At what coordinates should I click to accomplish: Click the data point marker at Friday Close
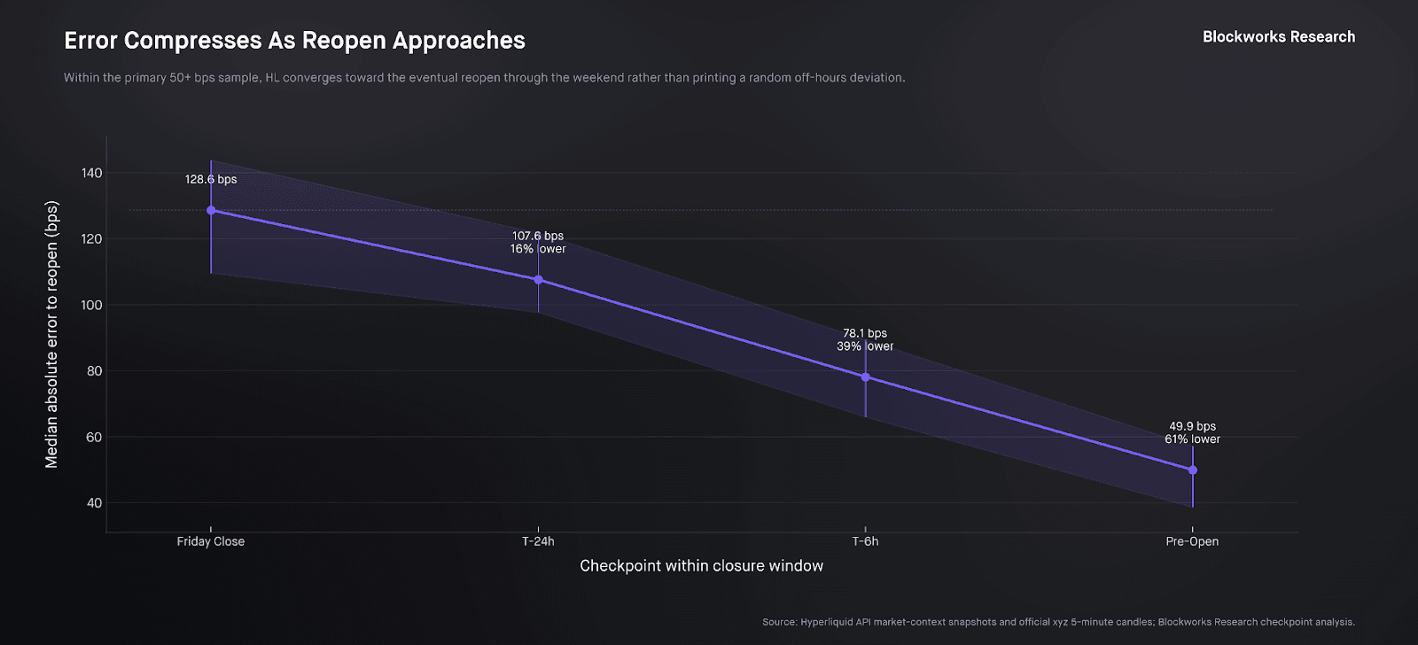point(211,211)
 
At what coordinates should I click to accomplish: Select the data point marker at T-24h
point(538,280)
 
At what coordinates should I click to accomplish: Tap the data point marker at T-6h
point(866,377)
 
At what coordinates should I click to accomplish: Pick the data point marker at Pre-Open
point(1193,470)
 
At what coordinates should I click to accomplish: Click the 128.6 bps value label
point(211,179)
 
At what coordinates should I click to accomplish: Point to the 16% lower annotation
point(538,249)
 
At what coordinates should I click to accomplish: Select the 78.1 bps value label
point(865,333)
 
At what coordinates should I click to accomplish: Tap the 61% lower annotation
point(1193,439)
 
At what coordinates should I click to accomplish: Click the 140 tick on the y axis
point(92,173)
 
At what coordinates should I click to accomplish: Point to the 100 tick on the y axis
point(92,305)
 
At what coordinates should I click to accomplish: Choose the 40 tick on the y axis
point(94,503)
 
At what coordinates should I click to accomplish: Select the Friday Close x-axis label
point(211,541)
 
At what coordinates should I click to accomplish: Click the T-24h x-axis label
point(538,541)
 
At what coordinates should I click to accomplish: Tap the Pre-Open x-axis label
point(1192,541)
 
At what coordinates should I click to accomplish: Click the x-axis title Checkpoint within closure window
point(701,566)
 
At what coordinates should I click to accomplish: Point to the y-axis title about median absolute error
point(51,335)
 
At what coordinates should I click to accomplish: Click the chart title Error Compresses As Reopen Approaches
point(294,41)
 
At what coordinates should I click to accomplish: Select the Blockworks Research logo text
point(1279,37)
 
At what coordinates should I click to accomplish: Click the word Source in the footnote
point(779,622)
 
